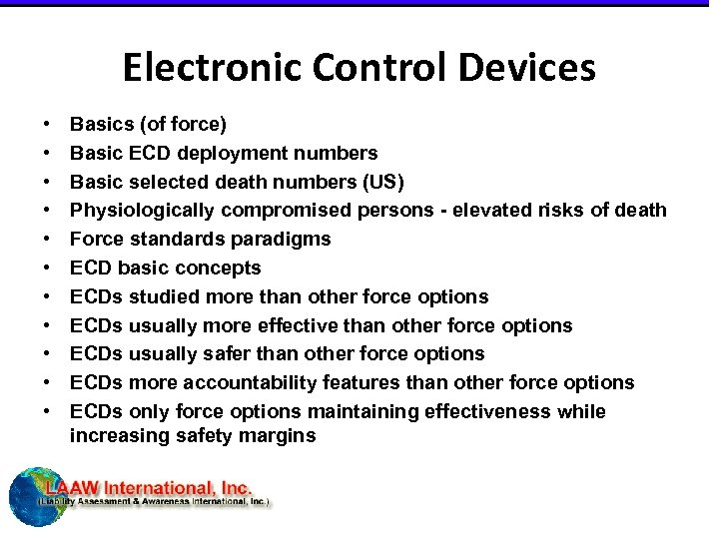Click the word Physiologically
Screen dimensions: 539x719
pyautogui.click(x=142, y=211)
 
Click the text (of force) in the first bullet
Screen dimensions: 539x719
pyautogui.click(x=184, y=125)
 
